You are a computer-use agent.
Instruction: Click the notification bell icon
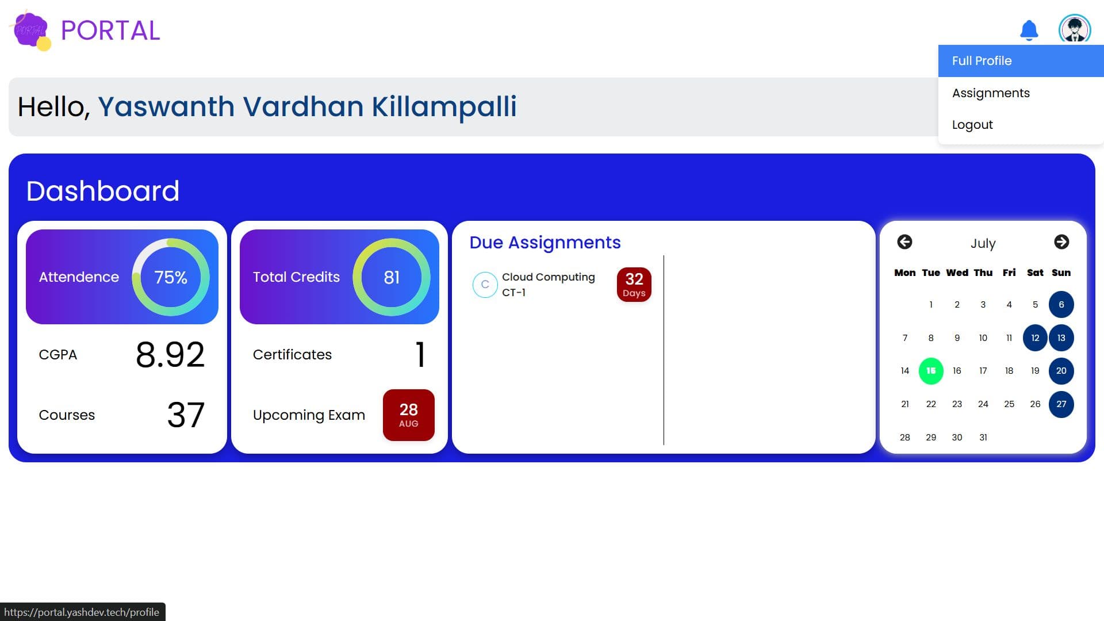click(1029, 30)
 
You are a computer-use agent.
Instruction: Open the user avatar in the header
click(1074, 29)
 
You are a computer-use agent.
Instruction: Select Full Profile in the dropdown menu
click(982, 61)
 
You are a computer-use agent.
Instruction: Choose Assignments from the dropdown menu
click(990, 93)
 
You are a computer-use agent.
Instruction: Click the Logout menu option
click(972, 125)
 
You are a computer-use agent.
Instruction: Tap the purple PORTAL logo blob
click(30, 30)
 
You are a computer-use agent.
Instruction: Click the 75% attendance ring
click(171, 277)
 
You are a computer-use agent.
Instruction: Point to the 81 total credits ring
click(392, 277)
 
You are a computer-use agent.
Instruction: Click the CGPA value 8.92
click(170, 355)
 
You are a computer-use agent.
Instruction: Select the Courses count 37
click(185, 415)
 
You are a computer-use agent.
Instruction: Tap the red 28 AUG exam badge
click(408, 415)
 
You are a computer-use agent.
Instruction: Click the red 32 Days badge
click(634, 285)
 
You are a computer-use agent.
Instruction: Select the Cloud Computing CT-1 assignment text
click(547, 285)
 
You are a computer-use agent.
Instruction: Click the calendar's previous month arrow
click(904, 242)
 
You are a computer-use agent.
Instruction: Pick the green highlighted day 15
click(930, 371)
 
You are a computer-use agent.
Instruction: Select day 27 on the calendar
click(1061, 404)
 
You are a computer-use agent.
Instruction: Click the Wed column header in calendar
click(957, 273)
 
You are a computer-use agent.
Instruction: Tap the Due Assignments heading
click(545, 243)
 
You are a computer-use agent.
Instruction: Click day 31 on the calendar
click(983, 438)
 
